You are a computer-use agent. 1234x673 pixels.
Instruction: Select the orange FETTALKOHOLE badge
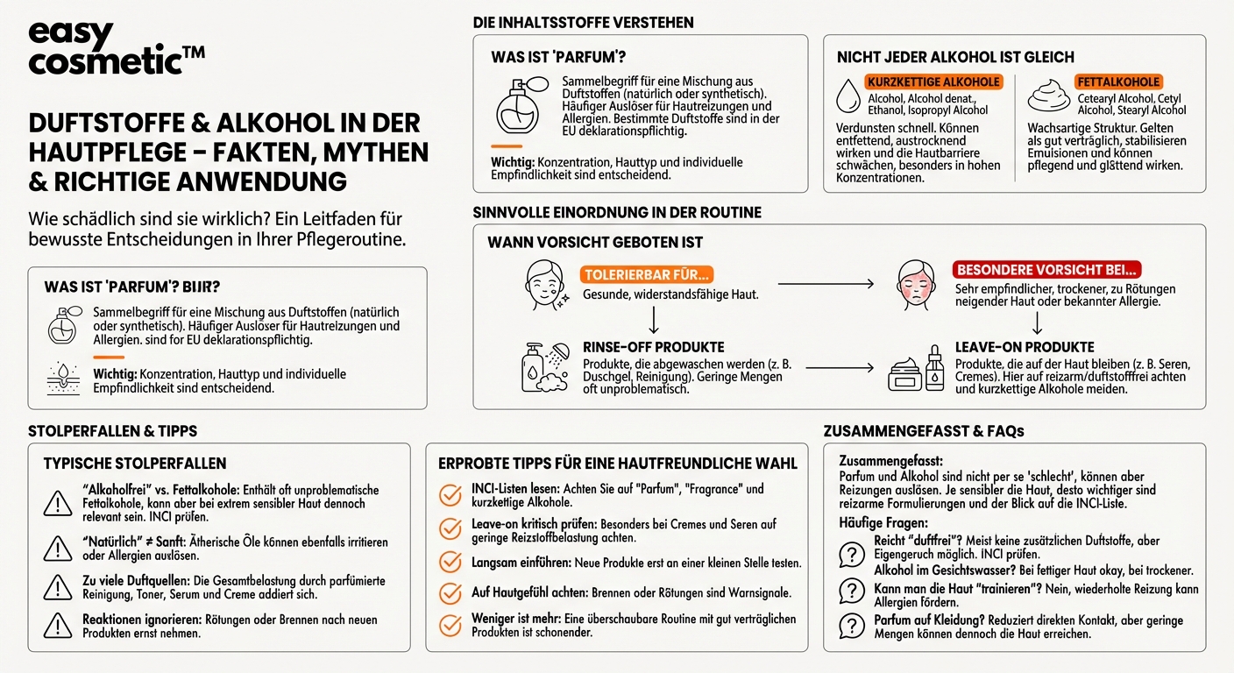(1118, 81)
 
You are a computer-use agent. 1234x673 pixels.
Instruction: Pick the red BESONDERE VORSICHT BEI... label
(1046, 271)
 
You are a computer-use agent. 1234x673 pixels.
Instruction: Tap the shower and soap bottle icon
(543, 365)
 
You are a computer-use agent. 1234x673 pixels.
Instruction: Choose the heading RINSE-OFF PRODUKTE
(653, 347)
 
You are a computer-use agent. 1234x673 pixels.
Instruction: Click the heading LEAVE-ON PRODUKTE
(1025, 347)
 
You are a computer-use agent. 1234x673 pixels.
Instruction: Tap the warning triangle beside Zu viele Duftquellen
(58, 586)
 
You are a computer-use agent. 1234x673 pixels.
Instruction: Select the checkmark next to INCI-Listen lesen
(450, 495)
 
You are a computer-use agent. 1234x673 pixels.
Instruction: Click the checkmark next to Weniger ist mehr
(450, 625)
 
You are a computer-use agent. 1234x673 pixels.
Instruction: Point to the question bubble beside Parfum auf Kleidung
(851, 626)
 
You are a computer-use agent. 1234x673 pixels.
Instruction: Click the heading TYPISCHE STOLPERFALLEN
(135, 464)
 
